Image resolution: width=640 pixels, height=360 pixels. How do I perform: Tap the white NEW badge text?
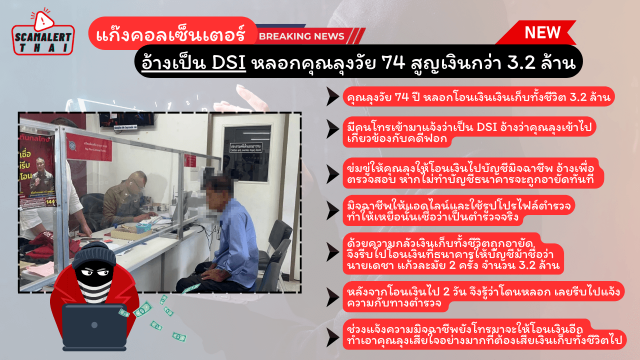click(x=542, y=33)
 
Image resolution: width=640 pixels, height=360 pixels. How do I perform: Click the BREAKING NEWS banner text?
click(x=301, y=36)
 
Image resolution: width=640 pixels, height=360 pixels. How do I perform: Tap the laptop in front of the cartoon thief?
click(x=94, y=326)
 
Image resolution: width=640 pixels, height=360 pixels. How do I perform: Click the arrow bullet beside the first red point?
click(x=332, y=96)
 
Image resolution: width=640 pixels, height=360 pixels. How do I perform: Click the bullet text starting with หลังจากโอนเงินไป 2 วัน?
click(x=482, y=296)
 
